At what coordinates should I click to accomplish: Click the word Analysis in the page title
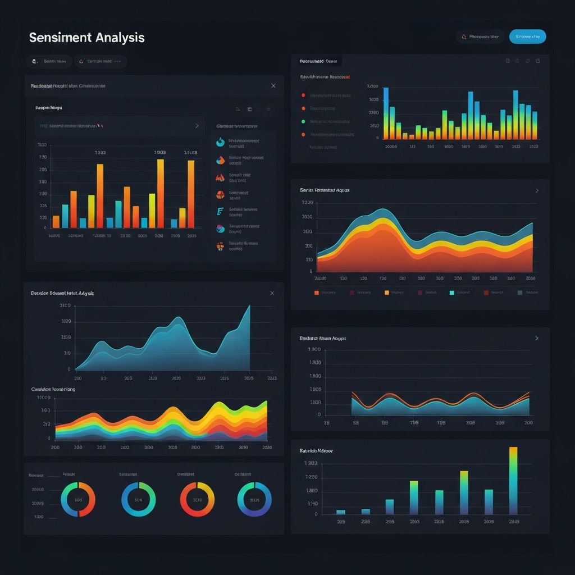pyautogui.click(x=120, y=38)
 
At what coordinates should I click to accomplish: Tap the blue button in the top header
pyautogui.click(x=527, y=37)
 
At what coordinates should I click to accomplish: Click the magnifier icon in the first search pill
pyautogui.click(x=34, y=61)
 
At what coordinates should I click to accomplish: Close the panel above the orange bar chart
pyautogui.click(x=273, y=86)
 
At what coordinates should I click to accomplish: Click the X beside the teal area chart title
pyautogui.click(x=272, y=293)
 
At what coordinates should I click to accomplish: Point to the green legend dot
pyautogui.click(x=303, y=121)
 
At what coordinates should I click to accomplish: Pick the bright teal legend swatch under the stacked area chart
pyautogui.click(x=452, y=293)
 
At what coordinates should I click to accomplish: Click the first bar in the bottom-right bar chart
pyautogui.click(x=340, y=512)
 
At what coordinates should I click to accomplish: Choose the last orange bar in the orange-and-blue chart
pyautogui.click(x=191, y=194)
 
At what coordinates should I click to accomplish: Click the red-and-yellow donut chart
pyautogui.click(x=197, y=499)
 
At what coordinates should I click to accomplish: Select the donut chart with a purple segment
pyautogui.click(x=254, y=499)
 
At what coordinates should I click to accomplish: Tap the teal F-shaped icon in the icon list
pyautogui.click(x=220, y=212)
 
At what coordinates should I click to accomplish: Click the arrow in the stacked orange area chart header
pyautogui.click(x=537, y=191)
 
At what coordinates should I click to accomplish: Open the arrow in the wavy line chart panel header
pyautogui.click(x=537, y=339)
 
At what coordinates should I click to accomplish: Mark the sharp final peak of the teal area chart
pyautogui.click(x=249, y=307)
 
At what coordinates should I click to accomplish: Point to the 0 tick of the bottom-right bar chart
pyautogui.click(x=316, y=514)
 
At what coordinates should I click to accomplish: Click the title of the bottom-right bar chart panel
pyautogui.click(x=316, y=450)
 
